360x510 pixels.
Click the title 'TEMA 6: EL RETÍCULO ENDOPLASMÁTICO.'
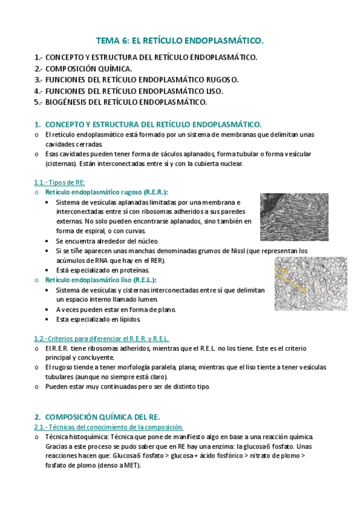(x=180, y=41)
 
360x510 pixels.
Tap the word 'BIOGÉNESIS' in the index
(x=69, y=102)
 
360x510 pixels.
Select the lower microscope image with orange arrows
(x=310, y=284)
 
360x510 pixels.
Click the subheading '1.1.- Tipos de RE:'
(x=59, y=182)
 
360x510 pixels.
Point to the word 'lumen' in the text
(x=147, y=299)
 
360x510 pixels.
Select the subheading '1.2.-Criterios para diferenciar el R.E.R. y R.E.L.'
(x=101, y=339)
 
